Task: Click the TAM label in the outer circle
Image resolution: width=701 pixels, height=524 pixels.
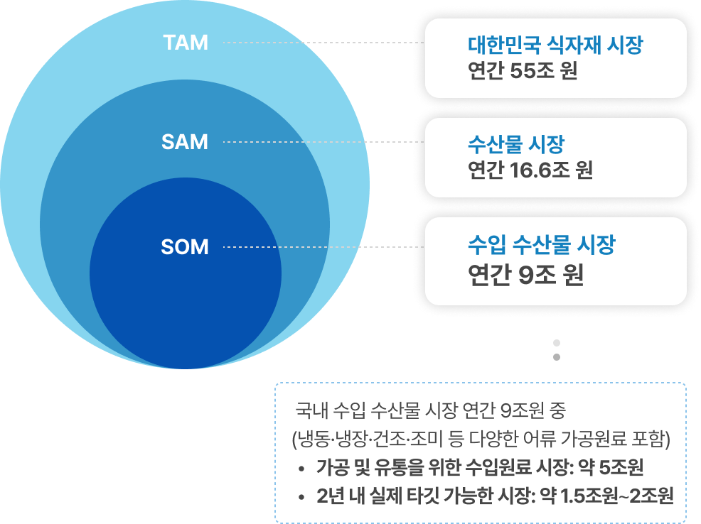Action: pos(186,43)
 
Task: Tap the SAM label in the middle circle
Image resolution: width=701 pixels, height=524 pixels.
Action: pos(185,142)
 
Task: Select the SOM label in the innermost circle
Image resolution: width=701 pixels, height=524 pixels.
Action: pos(185,247)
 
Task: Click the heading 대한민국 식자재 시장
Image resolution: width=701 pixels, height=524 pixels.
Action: pos(555,47)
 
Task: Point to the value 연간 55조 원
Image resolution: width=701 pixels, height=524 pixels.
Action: pos(523,72)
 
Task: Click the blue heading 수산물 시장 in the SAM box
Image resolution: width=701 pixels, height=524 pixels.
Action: pos(515,145)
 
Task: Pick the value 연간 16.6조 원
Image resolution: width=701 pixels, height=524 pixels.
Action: pos(530,170)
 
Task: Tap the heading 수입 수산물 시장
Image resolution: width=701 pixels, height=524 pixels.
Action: pos(541,246)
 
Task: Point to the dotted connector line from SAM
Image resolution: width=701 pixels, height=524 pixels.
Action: pos(323,142)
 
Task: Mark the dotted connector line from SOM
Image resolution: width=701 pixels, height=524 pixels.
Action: pos(323,247)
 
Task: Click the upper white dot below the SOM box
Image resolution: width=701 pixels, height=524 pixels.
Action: pos(557,342)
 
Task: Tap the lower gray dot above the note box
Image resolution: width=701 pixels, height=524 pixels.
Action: pos(557,357)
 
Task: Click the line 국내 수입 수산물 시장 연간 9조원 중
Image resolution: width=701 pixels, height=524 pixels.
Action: pos(431,410)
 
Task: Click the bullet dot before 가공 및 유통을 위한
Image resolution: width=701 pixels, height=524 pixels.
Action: pos(302,469)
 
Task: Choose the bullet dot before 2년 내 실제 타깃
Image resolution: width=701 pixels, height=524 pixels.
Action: pos(302,496)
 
